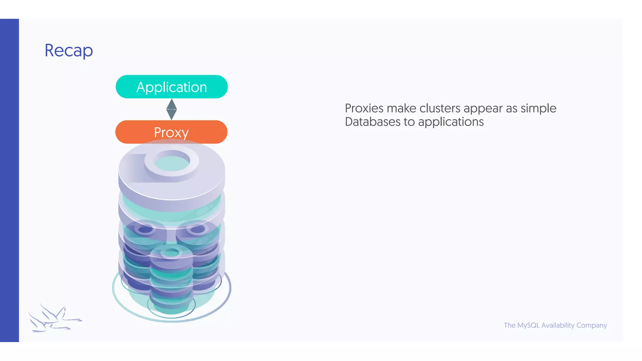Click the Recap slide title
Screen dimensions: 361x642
coord(69,50)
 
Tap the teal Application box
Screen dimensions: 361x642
coord(171,87)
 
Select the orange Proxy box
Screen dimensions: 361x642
coord(171,132)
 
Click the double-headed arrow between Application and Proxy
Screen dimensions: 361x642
coord(171,109)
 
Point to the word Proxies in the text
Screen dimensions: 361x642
coord(364,108)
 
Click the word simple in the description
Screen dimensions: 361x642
coord(538,108)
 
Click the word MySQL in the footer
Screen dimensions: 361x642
coord(528,325)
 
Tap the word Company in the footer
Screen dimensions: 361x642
coord(592,326)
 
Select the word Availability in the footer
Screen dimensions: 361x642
coord(558,325)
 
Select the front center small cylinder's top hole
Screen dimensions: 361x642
coord(171,253)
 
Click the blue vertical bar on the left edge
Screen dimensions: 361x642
coord(9,180)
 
